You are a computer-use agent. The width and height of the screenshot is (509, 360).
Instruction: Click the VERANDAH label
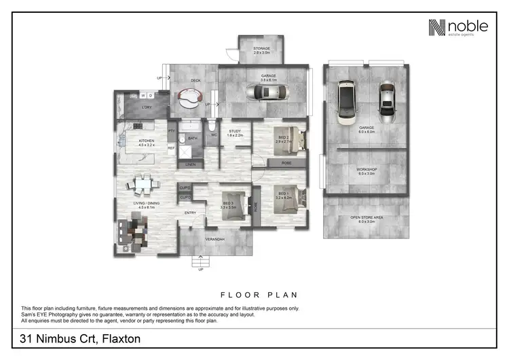tap(216, 239)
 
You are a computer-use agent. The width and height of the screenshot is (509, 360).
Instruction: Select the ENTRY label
tap(191, 213)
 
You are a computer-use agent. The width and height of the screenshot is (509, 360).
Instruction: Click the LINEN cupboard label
tap(191, 164)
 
